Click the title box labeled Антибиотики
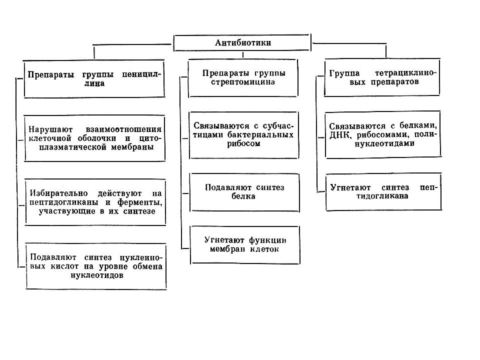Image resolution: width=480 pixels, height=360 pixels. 242,42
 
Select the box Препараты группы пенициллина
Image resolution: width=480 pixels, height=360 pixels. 94,79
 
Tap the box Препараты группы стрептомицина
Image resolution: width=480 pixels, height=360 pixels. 243,78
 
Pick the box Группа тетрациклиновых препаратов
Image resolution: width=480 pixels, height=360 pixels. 382,77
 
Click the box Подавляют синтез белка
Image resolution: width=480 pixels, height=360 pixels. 244,192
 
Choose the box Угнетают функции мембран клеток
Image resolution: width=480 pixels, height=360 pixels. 245,245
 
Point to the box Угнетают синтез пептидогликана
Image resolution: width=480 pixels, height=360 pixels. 383,191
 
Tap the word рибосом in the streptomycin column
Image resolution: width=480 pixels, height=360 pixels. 243,143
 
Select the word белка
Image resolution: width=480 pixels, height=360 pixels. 243,196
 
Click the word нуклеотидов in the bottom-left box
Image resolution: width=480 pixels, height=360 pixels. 96,275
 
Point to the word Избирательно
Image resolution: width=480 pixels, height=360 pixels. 59,193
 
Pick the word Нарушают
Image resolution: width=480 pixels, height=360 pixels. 50,129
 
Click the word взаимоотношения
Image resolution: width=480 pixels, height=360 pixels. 123,129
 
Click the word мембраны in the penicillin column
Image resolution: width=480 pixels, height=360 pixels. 132,147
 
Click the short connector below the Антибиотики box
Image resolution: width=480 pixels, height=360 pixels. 243,55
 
